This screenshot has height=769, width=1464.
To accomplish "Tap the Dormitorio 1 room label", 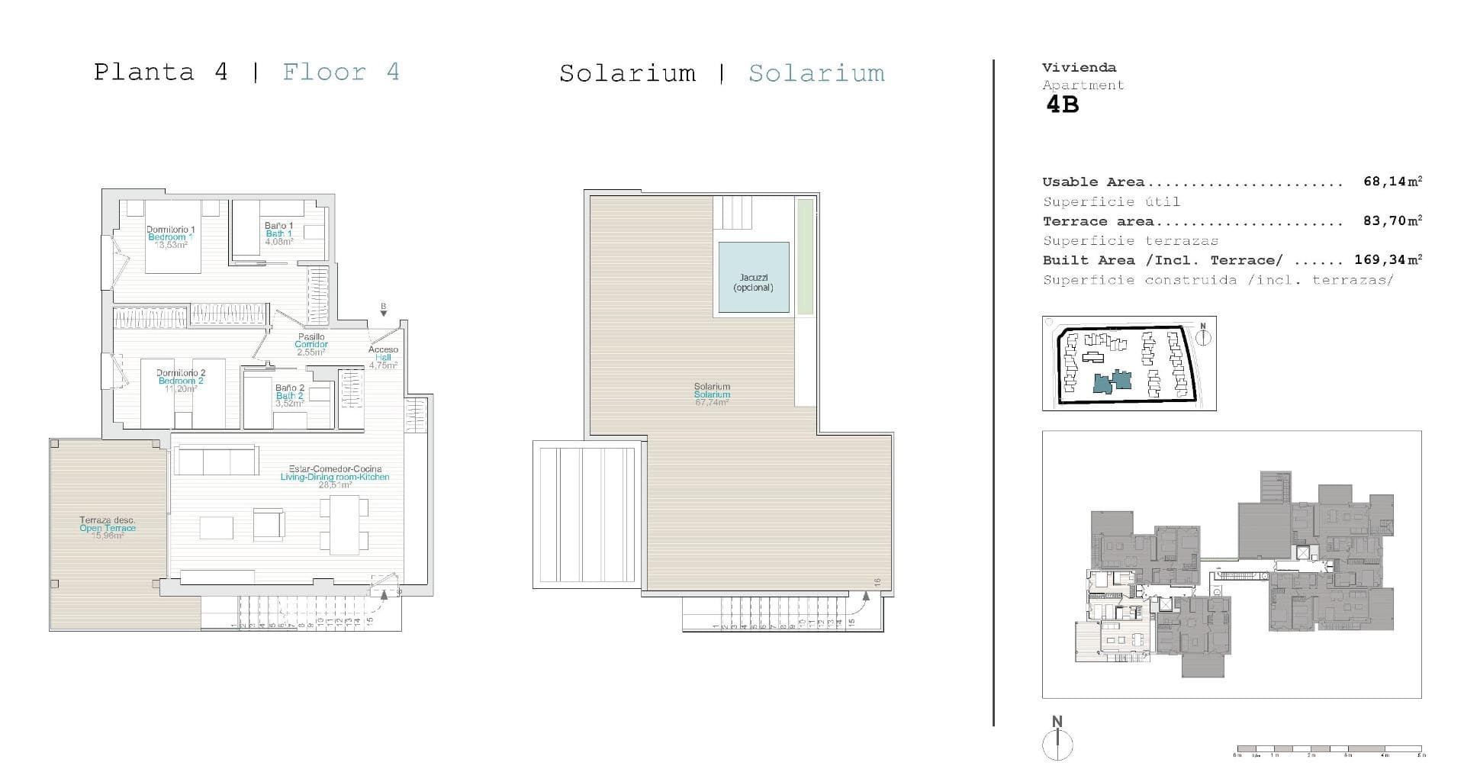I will click(171, 230).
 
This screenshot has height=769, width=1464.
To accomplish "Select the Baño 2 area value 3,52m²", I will click(289, 404).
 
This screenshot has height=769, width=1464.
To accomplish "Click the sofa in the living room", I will click(216, 460).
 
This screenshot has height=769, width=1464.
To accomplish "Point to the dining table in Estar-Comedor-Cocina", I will click(344, 524).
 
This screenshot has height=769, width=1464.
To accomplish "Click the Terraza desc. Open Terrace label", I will click(108, 524).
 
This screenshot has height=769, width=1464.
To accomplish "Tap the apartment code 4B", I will click(1062, 105).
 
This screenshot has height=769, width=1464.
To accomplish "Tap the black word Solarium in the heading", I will click(627, 73).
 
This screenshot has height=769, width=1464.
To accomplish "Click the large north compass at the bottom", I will click(1057, 743).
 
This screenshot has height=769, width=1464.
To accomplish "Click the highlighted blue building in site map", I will click(1112, 381).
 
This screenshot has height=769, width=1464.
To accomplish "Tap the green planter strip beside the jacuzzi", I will click(805, 256).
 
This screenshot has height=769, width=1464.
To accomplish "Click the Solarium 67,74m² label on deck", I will click(712, 394).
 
